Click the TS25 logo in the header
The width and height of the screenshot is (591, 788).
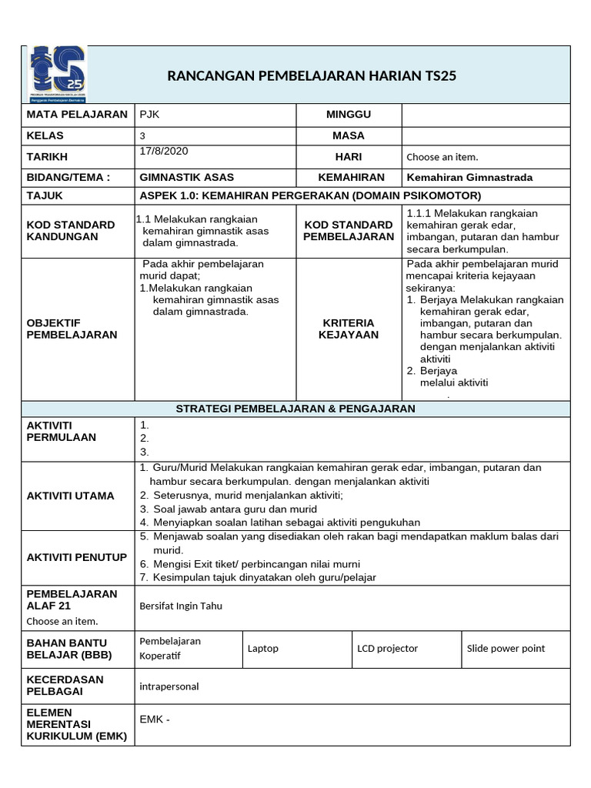[58, 74]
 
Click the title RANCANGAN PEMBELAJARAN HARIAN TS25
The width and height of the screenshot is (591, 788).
[317, 75]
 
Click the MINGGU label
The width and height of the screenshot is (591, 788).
[348, 115]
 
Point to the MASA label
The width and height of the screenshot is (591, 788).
[348, 135]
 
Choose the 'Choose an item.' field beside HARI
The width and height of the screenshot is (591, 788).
[442, 157]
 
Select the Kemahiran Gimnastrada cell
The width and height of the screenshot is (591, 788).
[469, 177]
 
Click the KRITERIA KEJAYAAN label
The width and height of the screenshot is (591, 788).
[348, 329]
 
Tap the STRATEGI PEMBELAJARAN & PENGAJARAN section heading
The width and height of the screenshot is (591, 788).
[295, 409]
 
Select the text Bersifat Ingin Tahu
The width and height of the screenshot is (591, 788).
[181, 606]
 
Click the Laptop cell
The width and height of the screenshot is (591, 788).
[263, 649]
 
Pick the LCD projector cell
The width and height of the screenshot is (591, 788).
[387, 649]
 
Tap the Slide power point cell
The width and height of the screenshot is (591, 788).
[506, 649]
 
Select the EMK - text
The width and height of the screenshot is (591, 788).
[155, 720]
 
